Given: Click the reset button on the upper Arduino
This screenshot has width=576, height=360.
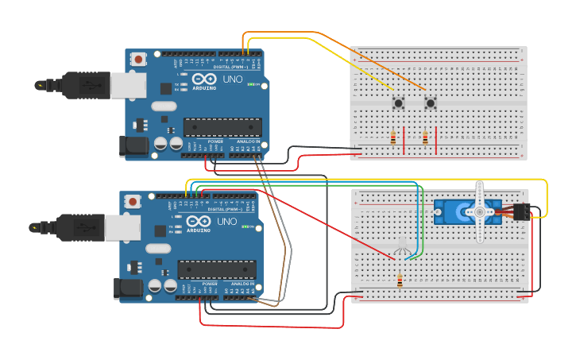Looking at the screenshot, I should point(139,59).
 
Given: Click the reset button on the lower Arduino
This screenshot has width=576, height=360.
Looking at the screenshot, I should point(133,200).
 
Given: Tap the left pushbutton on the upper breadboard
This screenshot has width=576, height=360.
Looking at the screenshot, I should point(397,103).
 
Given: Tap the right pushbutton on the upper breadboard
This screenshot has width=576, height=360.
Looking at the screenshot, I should point(431,103).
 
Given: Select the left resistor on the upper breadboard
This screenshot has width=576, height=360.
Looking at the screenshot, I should point(393,138).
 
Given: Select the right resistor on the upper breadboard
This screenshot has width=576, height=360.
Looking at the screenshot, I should point(425,138).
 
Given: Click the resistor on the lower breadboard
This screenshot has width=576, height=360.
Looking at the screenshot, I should point(399,280).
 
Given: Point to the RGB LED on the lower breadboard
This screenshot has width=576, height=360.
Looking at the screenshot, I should point(402,245).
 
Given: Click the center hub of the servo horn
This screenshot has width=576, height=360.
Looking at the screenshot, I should point(479,212).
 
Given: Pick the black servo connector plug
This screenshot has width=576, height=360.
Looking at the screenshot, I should point(522,212).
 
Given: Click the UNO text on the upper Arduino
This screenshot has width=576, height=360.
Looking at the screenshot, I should point(232,79).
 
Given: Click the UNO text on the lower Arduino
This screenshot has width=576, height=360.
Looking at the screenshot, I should point(226,222).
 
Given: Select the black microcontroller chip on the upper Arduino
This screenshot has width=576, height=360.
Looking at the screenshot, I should point(222,127).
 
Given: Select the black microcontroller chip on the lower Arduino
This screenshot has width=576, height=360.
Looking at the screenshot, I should point(217,269).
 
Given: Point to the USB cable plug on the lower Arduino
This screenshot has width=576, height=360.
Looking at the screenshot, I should point(84,227).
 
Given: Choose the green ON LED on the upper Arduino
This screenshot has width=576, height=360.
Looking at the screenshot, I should point(251,84).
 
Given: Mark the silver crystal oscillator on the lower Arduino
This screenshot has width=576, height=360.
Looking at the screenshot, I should point(157,248).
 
